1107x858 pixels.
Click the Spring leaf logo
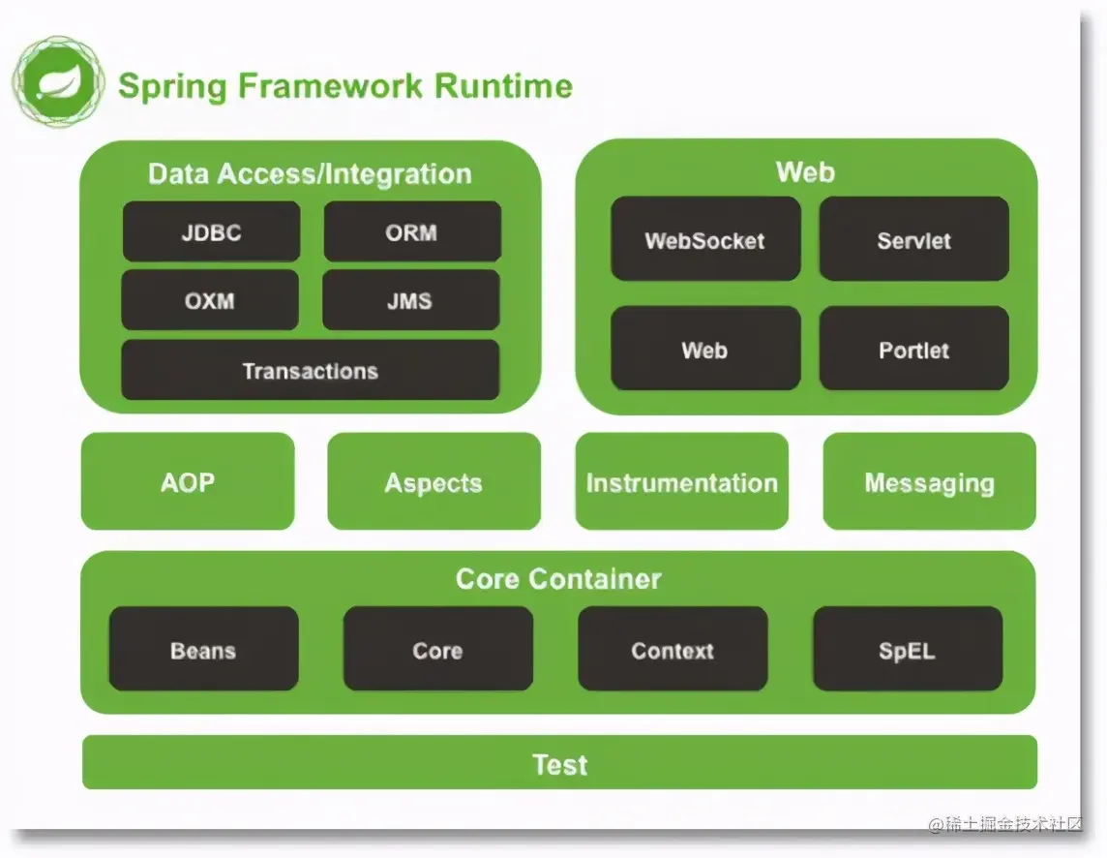pos(57,83)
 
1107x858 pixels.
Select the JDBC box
pos(211,232)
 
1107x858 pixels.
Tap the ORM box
pos(411,232)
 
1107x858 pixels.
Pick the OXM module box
pos(210,300)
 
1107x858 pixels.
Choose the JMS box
pos(410,300)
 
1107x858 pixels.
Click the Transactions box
pos(310,371)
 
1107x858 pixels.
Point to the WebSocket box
pos(705,240)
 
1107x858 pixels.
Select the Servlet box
pos(913,240)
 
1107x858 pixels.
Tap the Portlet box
pos(913,350)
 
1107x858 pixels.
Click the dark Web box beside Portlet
pos(705,350)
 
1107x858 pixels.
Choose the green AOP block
pos(188,482)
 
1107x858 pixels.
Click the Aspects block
pos(434,482)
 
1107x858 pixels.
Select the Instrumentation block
pos(681,482)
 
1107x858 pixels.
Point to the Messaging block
pos(929,482)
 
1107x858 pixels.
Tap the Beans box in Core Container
pos(203,650)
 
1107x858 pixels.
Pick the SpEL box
pos(907,650)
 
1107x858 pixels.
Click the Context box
pos(673,650)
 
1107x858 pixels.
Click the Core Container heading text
pos(558,579)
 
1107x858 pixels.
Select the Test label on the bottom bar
pos(559,764)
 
